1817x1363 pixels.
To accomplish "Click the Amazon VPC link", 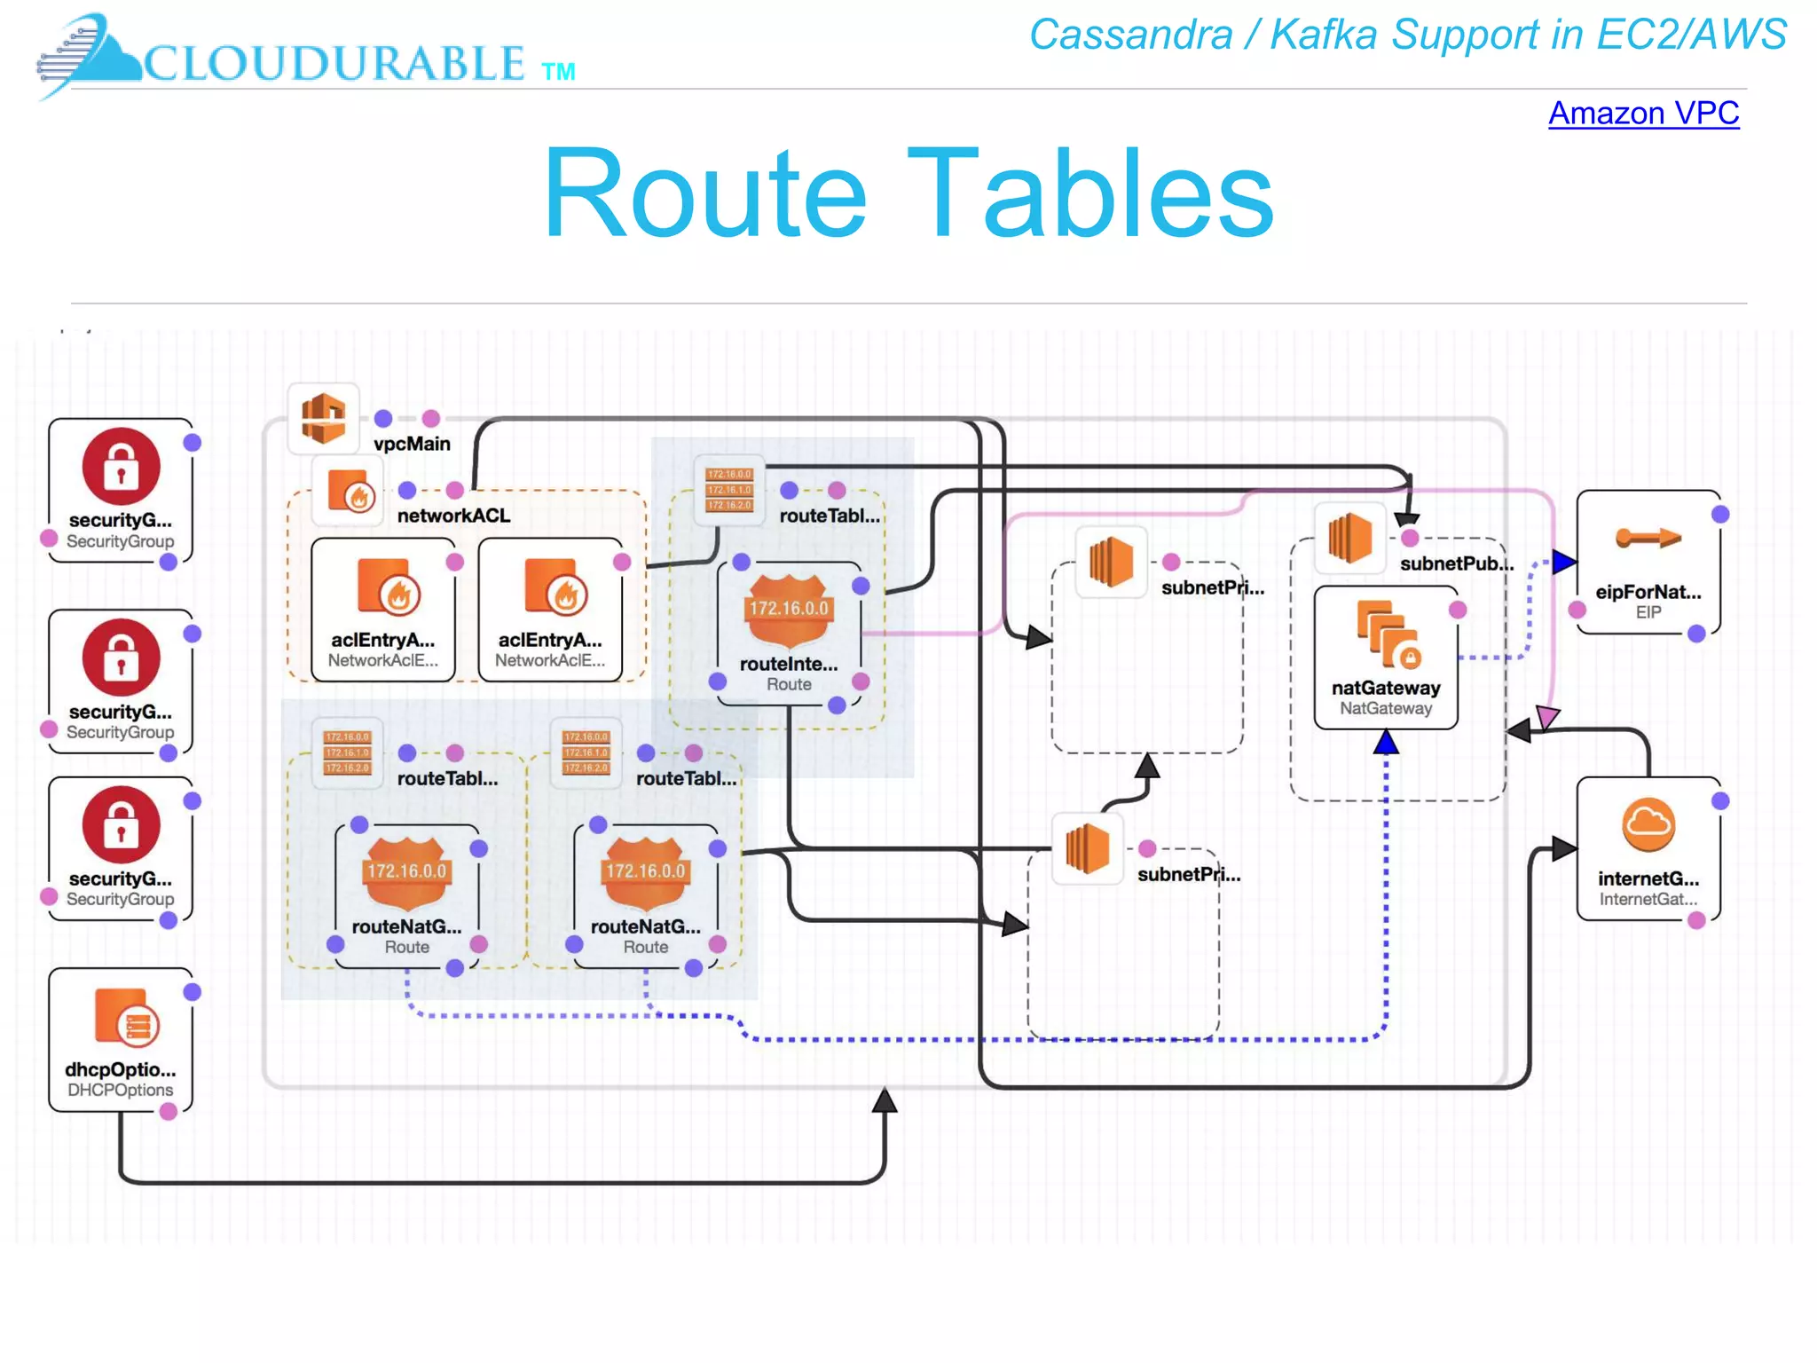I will (x=1643, y=114).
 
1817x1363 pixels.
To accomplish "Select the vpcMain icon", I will (x=323, y=417).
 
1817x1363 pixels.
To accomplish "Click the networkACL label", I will (x=452, y=516).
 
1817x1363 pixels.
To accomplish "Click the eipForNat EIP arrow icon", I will (x=1648, y=538).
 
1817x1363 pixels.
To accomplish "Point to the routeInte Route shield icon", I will (x=788, y=610).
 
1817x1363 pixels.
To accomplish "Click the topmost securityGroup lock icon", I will (x=121, y=467).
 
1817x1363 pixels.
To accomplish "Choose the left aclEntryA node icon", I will (x=387, y=587).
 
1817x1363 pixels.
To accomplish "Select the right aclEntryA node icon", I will (x=555, y=587).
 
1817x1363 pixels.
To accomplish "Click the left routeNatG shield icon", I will (x=406, y=872).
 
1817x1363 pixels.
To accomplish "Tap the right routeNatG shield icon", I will (x=645, y=872).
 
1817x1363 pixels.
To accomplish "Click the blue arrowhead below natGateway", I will (x=1386, y=742).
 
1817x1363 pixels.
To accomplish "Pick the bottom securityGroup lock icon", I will (x=121, y=825).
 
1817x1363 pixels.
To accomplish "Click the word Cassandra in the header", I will (x=1130, y=35).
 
